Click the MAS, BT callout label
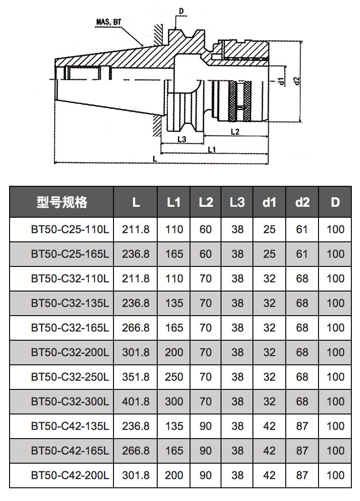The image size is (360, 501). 109,22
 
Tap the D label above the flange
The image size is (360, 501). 181,11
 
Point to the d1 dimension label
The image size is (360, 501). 281,81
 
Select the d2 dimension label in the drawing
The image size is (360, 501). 297,81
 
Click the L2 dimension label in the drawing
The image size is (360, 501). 235,131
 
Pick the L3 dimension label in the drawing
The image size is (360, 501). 182,139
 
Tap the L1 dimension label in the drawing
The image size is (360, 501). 212,149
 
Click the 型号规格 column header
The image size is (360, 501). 62,202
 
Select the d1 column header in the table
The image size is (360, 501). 269,202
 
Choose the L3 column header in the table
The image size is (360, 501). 237,202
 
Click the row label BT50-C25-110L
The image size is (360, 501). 70,230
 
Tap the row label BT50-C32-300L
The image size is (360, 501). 70,402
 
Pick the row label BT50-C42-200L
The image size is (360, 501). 70,475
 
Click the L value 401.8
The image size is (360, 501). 135,402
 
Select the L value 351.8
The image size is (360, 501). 135,377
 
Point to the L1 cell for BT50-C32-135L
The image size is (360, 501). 174,303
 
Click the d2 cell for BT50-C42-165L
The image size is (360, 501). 302,451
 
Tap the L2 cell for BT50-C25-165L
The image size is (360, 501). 206,254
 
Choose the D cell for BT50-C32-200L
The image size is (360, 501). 335,353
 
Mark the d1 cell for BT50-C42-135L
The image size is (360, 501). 269,426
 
